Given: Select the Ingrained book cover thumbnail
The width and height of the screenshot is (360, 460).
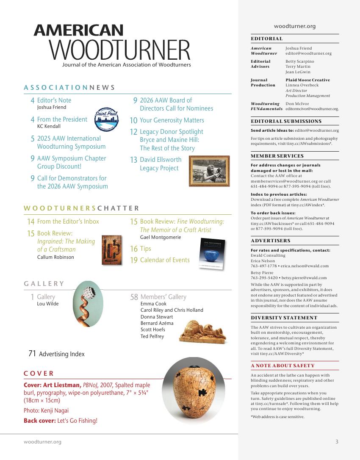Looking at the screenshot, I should pyautogui.click(x=112, y=250).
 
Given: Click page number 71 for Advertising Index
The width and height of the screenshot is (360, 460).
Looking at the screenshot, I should pyautogui.click(x=32, y=354).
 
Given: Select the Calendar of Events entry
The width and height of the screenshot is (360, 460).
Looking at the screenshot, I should pyautogui.click(x=165, y=260).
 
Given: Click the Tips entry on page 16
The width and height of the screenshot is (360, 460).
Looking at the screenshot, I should pyautogui.click(x=145, y=249).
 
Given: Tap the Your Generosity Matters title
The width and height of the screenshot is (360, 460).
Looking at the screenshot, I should pyautogui.click(x=172, y=120).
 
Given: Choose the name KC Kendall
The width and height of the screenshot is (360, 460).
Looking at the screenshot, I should pyautogui.click(x=49, y=126).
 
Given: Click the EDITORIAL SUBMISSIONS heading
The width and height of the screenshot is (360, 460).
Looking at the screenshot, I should pyautogui.click(x=286, y=121).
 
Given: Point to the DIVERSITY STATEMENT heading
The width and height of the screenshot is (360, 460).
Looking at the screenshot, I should pyautogui.click(x=284, y=318).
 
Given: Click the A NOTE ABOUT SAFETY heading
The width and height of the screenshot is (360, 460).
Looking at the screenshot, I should pyautogui.click(x=282, y=366).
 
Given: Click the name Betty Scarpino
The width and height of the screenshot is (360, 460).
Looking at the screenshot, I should pyautogui.click(x=300, y=61).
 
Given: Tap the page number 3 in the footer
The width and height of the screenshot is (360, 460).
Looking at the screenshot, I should pyautogui.click(x=337, y=442).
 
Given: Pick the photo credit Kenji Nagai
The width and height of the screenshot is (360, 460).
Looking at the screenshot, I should pyautogui.click(x=56, y=410).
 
